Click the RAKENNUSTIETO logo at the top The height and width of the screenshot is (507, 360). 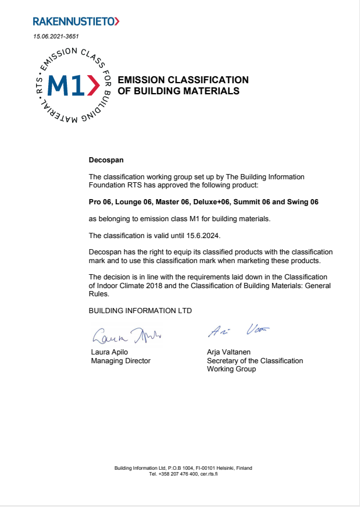76,22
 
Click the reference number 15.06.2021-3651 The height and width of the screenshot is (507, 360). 56,37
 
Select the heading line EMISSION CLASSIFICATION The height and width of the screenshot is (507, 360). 183,80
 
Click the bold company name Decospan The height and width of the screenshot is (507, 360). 106,159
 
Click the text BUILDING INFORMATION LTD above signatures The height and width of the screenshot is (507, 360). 140,311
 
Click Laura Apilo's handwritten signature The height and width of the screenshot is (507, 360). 126,335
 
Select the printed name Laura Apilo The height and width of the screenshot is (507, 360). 109,352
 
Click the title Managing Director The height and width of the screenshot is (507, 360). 120,361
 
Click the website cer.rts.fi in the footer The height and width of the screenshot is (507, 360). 208,474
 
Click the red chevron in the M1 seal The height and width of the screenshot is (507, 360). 93,86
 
